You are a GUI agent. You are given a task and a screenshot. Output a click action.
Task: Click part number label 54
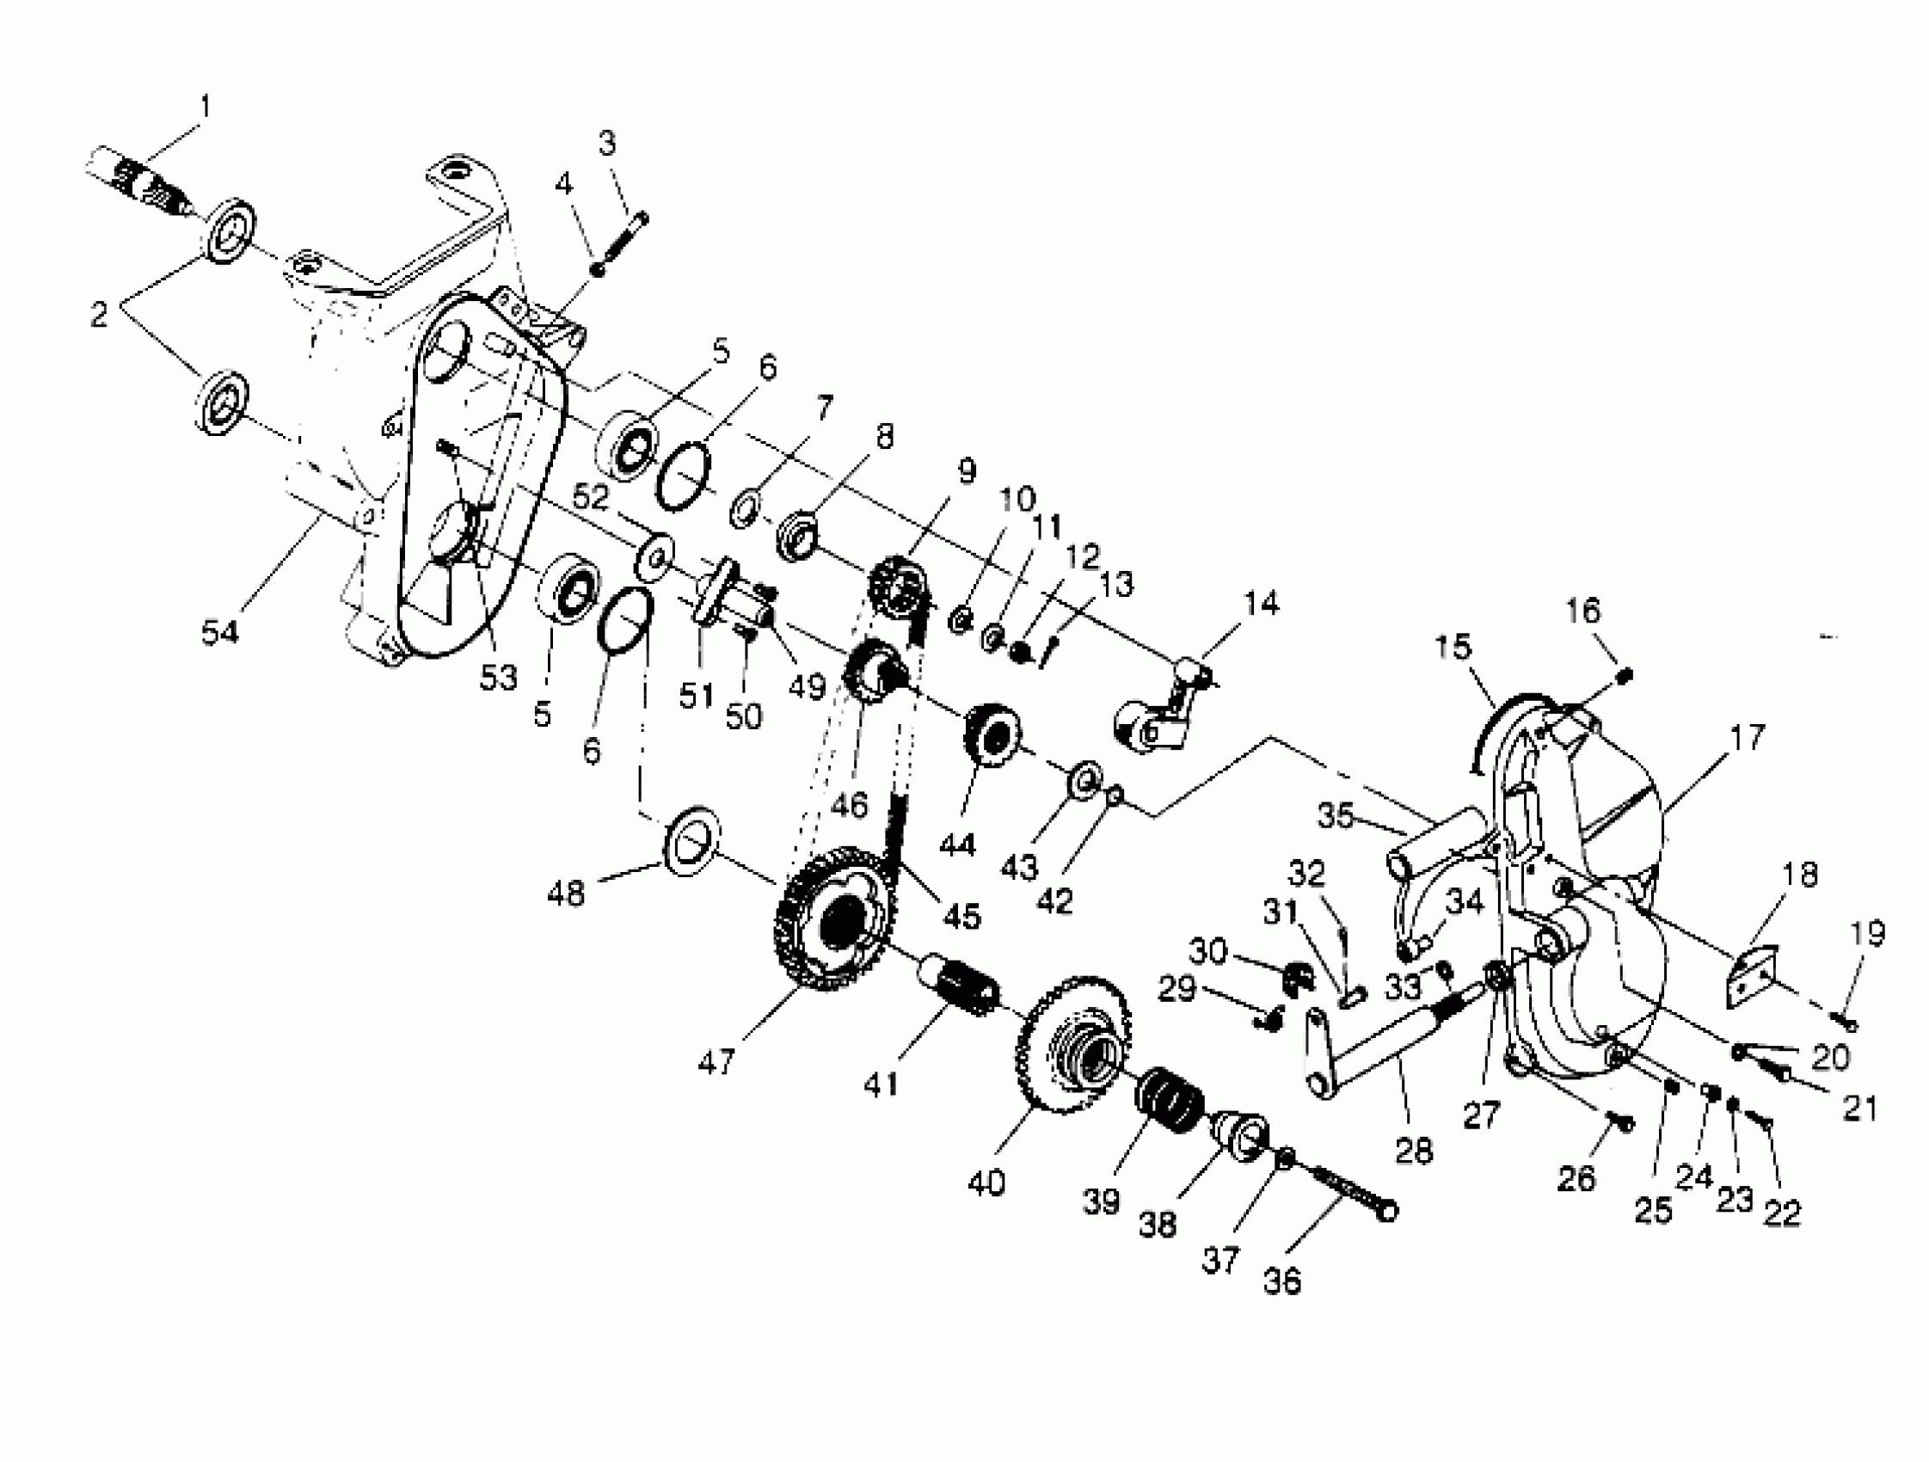[219, 631]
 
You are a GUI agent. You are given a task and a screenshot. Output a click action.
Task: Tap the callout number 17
[1747, 737]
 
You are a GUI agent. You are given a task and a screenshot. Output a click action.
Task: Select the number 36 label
[1281, 1280]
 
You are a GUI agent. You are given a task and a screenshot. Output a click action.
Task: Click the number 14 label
[1260, 602]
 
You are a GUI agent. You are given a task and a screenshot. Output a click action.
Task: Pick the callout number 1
[205, 107]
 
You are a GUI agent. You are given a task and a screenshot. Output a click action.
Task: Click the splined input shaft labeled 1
[144, 181]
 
